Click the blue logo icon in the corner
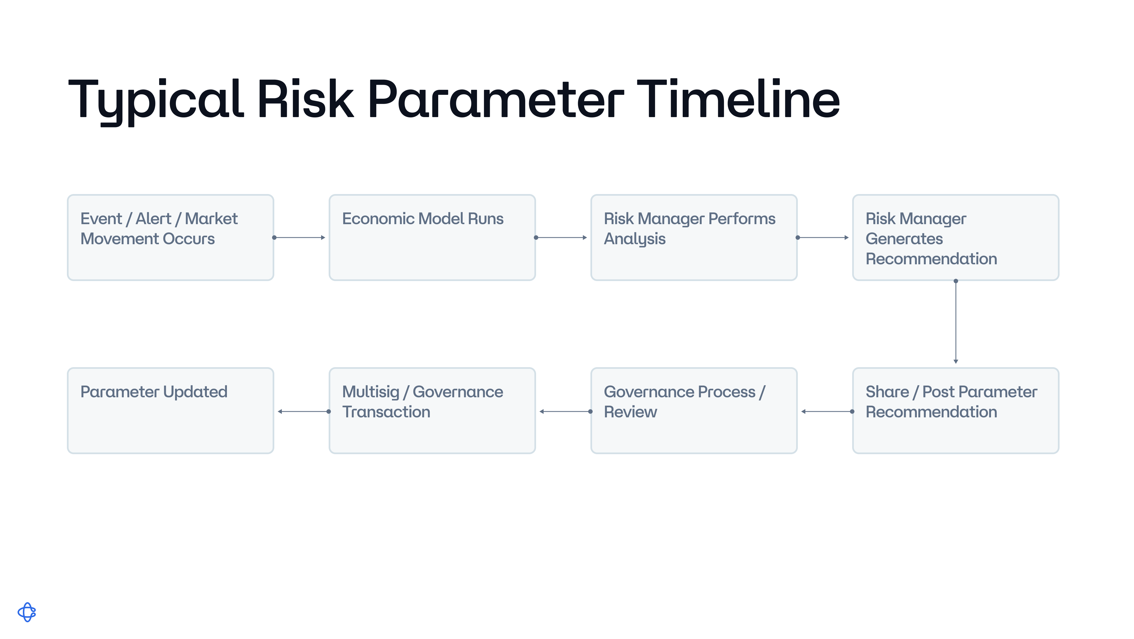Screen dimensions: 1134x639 (x=27, y=612)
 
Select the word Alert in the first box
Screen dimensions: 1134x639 (x=153, y=219)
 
